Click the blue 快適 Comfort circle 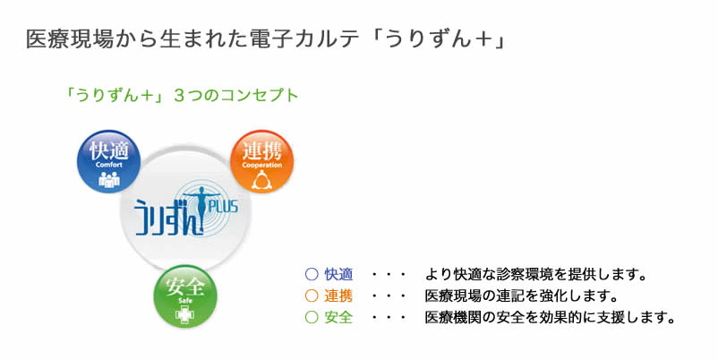(x=109, y=161)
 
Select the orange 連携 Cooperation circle (x=262, y=161)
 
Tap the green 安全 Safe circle (x=185, y=296)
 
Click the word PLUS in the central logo (x=223, y=207)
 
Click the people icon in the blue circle (x=109, y=179)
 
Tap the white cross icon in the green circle (x=185, y=314)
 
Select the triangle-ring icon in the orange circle (x=262, y=179)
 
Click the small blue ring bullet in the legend (x=312, y=274)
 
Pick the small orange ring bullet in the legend (x=312, y=296)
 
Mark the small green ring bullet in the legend (x=312, y=317)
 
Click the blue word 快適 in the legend (x=338, y=274)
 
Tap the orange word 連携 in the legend (x=338, y=296)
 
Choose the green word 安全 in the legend (x=338, y=317)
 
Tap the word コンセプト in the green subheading (x=261, y=95)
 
